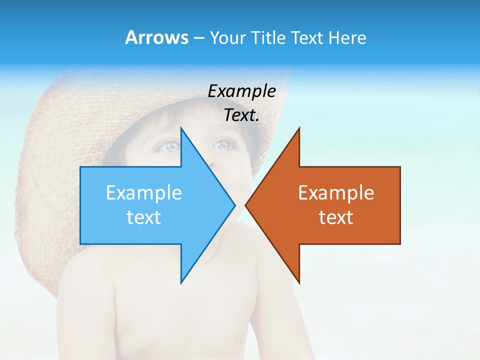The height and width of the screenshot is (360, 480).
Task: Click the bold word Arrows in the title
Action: [x=156, y=37]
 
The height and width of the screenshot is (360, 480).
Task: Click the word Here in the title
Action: [x=347, y=37]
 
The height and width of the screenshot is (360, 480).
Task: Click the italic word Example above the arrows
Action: [x=241, y=91]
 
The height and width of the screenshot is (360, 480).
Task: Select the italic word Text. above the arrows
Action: [x=241, y=115]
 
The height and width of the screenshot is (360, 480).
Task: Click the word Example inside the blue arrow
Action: [x=144, y=193]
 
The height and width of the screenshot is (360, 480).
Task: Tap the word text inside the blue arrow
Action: [x=144, y=217]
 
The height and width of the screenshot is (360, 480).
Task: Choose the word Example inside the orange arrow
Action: [x=336, y=193]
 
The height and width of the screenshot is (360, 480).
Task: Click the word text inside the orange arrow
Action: [x=336, y=217]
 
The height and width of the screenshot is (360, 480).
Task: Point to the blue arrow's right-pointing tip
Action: [x=234, y=205]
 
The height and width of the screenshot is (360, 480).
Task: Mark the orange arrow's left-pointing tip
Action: [x=246, y=205]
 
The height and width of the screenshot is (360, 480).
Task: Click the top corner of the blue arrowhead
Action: [x=181, y=128]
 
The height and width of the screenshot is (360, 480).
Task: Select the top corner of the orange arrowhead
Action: [x=299, y=128]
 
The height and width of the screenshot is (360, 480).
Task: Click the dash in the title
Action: [x=198, y=38]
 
